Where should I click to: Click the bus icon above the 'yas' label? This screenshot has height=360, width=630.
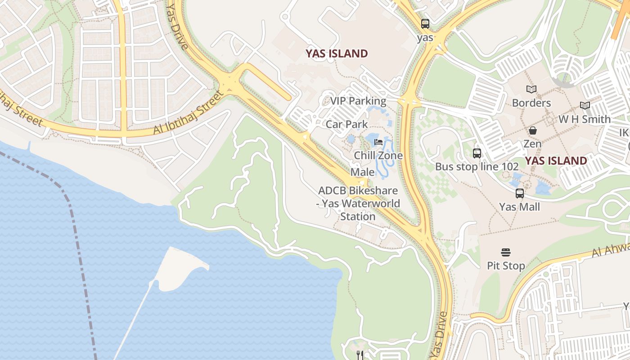425,24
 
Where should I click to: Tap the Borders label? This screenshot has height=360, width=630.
531,103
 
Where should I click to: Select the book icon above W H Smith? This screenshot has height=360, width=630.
585,106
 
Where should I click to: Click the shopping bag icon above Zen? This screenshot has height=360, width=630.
533,131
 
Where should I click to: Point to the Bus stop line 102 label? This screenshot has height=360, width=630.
477,166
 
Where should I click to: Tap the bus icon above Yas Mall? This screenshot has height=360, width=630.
520,193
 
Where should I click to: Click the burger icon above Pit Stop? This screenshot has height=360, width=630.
506,252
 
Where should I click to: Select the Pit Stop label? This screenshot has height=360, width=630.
506,266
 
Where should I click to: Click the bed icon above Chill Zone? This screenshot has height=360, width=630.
378,142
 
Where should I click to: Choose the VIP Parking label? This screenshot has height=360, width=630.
358,101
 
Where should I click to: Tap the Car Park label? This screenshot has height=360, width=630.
346,124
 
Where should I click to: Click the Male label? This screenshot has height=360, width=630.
362,172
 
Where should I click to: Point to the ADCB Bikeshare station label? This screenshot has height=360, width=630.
358,203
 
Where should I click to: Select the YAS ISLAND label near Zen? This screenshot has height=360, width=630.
556,161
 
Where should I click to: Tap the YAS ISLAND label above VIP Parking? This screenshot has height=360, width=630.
337,54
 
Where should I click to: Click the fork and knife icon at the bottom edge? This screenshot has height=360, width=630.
359,355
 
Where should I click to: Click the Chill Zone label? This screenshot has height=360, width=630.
378,156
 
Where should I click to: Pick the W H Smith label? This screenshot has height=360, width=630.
585,119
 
